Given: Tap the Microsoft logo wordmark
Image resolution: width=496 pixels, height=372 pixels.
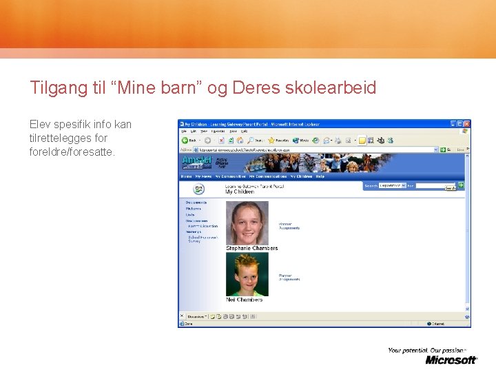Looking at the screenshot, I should point(451,360).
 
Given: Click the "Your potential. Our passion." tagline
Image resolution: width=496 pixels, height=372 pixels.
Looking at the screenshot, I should point(427,350).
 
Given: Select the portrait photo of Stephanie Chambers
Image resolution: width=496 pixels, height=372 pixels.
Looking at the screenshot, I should point(247,223).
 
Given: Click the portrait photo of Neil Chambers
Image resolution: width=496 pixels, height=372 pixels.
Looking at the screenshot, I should point(247,274).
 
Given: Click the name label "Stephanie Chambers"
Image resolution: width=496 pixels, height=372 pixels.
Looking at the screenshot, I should point(251,248).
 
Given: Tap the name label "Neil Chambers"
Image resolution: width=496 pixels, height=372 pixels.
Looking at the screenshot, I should point(244,300).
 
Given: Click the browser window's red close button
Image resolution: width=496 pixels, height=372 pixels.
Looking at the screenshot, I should point(466,123).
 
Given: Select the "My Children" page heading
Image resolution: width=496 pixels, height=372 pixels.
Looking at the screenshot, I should point(240,192).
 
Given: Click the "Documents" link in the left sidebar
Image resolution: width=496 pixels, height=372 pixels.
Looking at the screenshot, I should point(196,203).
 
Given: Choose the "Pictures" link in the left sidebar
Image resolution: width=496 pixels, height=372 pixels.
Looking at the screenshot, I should point(194,208).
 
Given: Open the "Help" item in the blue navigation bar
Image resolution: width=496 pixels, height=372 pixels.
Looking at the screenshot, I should point(320,176).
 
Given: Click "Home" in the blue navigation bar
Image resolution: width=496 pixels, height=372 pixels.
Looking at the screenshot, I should point(186,176).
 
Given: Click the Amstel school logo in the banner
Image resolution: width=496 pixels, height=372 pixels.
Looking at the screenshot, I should point(197,161).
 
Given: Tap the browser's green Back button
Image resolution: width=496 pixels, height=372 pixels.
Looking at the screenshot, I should point(187,140).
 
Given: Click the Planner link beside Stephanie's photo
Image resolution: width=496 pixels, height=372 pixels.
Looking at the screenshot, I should point(285,223).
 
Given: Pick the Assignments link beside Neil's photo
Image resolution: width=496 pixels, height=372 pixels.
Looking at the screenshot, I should point(289,279).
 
